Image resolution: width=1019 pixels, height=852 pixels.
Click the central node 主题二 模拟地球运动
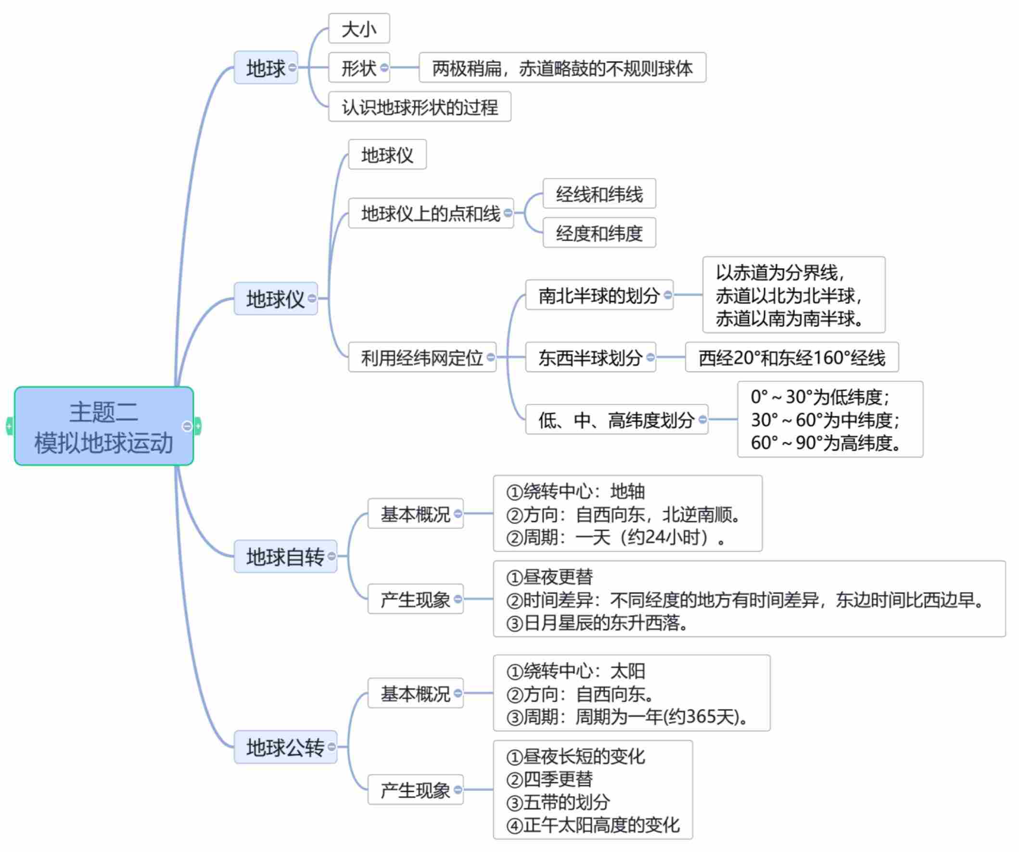104,426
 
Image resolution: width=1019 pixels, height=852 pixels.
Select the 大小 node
358,29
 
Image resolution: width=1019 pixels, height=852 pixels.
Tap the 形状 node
358,68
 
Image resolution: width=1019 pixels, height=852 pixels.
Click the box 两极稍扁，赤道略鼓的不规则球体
562,68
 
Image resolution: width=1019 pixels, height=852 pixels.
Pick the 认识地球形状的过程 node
419,107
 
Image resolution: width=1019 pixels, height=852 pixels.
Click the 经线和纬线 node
599,194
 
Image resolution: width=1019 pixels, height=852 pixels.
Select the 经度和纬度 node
599,233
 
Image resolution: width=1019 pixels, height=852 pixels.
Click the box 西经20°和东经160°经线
791,358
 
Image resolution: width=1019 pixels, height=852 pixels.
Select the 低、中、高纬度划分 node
616,420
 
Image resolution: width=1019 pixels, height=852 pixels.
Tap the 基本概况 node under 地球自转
415,514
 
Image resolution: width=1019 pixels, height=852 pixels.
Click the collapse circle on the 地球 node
292,67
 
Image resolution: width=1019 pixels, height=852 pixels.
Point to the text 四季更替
558,780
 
